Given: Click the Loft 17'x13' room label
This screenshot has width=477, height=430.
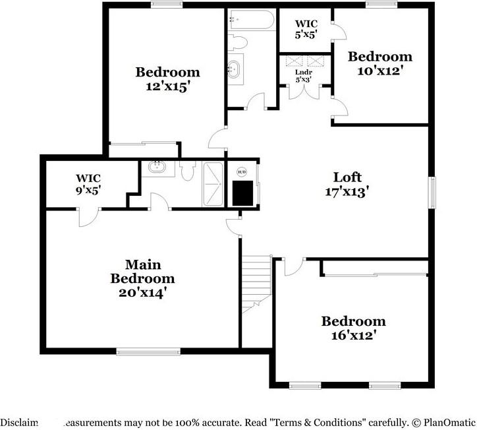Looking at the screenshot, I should [x=347, y=184].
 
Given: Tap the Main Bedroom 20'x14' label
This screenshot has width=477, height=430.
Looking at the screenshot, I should [x=143, y=278].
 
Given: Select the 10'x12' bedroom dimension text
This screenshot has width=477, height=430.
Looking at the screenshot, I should [x=380, y=70].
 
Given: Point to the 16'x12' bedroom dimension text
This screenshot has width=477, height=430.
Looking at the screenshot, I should [x=353, y=335].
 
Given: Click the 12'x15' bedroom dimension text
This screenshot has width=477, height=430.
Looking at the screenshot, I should [x=167, y=86].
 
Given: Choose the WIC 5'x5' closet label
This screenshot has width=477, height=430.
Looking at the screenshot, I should [x=306, y=29].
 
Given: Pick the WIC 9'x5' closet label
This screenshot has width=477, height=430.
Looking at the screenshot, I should [x=88, y=184].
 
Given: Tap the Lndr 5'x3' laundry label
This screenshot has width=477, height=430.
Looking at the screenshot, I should [x=303, y=76].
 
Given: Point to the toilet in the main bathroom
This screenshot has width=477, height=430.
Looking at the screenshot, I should [x=187, y=171].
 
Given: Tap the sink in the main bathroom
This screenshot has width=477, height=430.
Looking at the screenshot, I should [x=157, y=168].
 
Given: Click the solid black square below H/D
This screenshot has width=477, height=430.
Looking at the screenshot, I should [x=243, y=193].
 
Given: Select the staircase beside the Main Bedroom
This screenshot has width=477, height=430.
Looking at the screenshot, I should [x=256, y=280].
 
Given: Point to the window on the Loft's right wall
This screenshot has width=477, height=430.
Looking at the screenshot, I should [x=432, y=191].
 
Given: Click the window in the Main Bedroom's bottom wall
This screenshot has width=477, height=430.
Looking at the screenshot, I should [x=148, y=352].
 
